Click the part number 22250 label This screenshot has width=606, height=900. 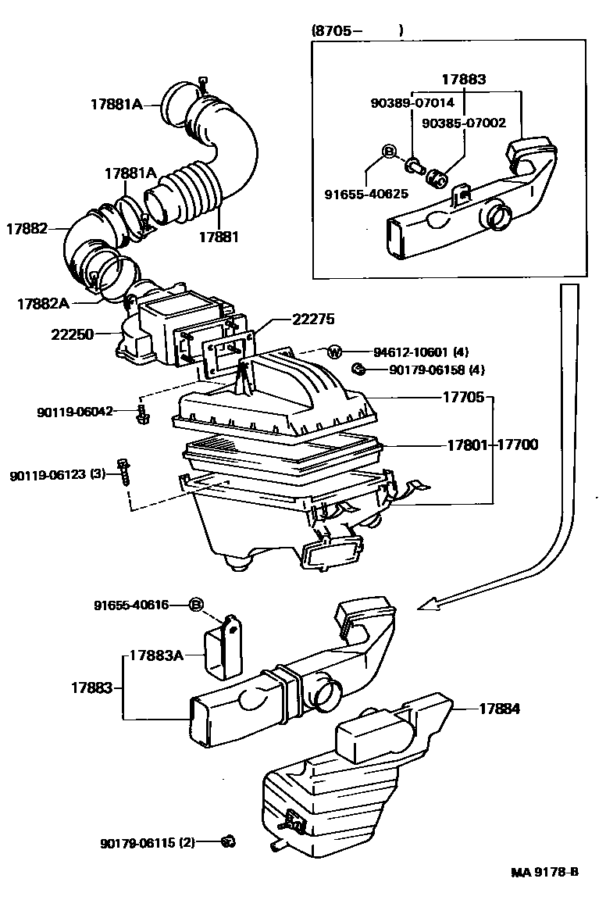(x=71, y=334)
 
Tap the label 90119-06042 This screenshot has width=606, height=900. (x=74, y=411)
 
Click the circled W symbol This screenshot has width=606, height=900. (x=333, y=352)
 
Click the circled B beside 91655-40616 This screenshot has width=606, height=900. (x=197, y=605)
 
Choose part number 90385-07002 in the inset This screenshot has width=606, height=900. (x=464, y=123)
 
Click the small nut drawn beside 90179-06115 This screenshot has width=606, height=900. (x=227, y=841)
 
